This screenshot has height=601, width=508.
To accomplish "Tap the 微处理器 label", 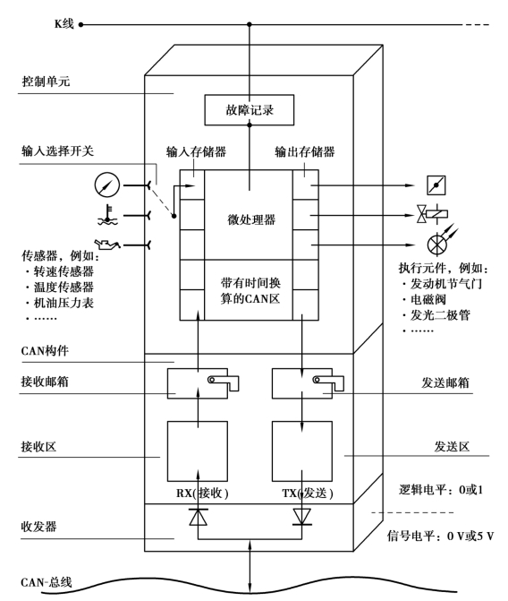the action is pos(251,219).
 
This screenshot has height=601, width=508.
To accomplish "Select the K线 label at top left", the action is pos(63,24).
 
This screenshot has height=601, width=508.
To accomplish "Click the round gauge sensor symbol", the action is pos(106,185).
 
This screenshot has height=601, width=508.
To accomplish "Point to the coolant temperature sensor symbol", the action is pos(107,215).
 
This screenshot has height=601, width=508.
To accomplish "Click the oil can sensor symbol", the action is pos(107,245).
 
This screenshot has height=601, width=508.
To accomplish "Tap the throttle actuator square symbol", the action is pos(436,185).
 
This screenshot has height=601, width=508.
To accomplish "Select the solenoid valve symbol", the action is pos(432,214).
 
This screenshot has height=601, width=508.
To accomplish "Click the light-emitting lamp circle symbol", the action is pos(436,245).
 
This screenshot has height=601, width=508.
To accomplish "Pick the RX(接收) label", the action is pos(202,493).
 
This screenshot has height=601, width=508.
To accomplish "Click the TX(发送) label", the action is pos(308,493).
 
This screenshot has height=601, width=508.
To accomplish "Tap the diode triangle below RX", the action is pos(199,517).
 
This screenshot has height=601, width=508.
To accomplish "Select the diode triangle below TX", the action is pos(302,517).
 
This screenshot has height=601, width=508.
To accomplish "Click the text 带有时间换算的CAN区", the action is pos(250,290).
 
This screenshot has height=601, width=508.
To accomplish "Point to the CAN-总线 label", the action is pos(47,582).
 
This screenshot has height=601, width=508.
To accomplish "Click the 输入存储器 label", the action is pos(196,151).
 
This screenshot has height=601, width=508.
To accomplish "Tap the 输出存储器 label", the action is pos(305,151).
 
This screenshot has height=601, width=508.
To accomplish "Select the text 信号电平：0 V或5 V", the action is pos(440,536).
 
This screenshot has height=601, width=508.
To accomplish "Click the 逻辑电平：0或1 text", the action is pos(441,489).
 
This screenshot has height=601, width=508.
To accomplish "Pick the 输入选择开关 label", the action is pos(57,150).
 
